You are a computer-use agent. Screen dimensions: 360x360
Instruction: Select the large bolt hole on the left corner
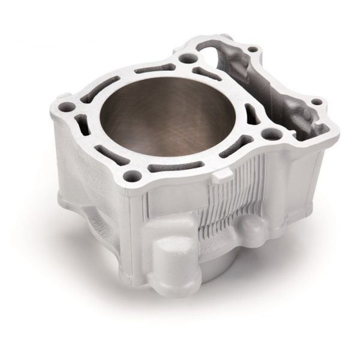[x=67, y=108]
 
